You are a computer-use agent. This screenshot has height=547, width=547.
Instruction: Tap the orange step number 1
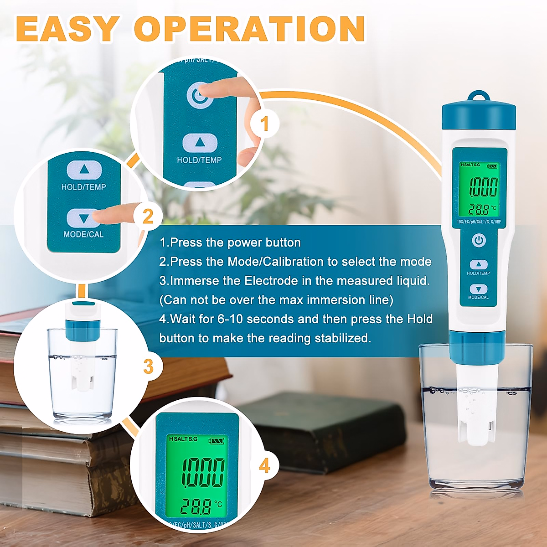click(x=264, y=124)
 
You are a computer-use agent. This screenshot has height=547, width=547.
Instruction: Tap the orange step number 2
click(x=148, y=216)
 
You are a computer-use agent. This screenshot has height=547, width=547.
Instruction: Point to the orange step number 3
click(x=149, y=366)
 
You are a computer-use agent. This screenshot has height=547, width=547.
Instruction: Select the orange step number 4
click(x=264, y=466)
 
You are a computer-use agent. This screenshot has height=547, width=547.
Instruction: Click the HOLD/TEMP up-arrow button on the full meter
click(x=479, y=264)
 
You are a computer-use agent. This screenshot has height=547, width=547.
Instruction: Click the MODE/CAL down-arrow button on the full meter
click(x=479, y=289)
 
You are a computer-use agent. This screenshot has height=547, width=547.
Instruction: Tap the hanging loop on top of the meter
click(x=479, y=97)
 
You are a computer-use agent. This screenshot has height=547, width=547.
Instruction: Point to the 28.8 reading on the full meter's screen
click(x=479, y=210)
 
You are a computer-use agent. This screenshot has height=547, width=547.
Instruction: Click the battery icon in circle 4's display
click(x=217, y=441)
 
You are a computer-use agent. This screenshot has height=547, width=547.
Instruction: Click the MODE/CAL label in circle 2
click(x=83, y=234)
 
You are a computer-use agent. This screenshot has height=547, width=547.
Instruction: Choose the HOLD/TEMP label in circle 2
click(x=83, y=187)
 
